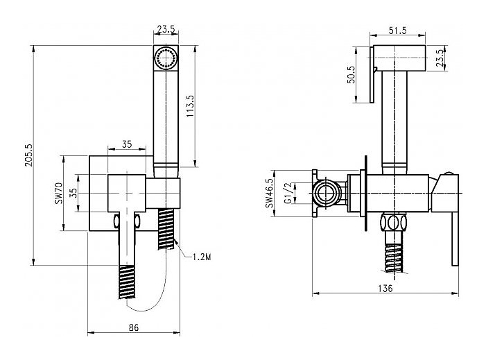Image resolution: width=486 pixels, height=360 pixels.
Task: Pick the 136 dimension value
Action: (x=386, y=287)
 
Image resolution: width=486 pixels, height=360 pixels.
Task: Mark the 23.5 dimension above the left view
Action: (x=165, y=29)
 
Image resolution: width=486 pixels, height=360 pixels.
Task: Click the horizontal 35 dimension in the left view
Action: (x=127, y=144)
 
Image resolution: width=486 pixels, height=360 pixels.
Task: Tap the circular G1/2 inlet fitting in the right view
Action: (x=327, y=193)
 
